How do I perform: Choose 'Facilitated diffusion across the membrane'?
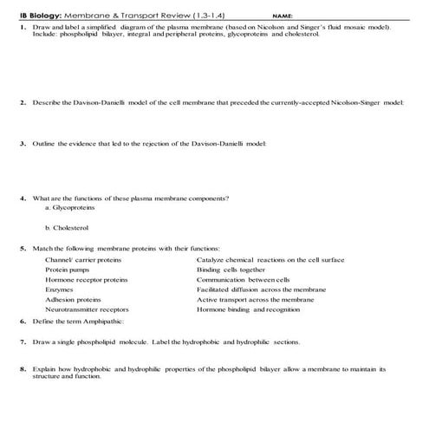(261, 289)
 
